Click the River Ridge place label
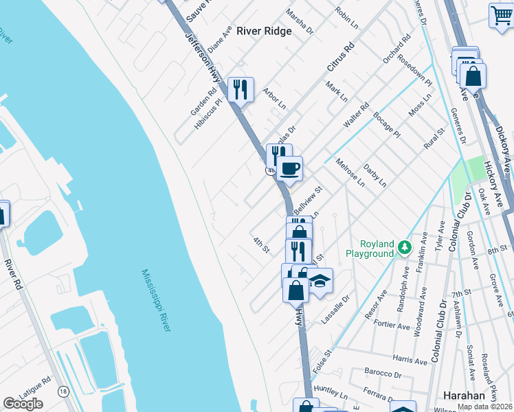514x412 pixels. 264,31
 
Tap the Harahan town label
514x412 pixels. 463,396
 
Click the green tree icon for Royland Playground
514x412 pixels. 405,246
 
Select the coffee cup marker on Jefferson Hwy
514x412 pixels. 290,168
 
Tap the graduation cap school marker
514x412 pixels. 320,281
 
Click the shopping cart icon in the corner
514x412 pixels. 501,14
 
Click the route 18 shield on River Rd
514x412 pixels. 64,391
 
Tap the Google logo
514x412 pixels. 23,404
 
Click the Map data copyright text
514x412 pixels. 485,407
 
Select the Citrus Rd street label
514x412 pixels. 342,58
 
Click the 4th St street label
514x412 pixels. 261,245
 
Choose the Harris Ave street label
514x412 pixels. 411,360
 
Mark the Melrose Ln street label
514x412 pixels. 350,172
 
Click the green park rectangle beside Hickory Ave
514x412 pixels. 475,171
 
